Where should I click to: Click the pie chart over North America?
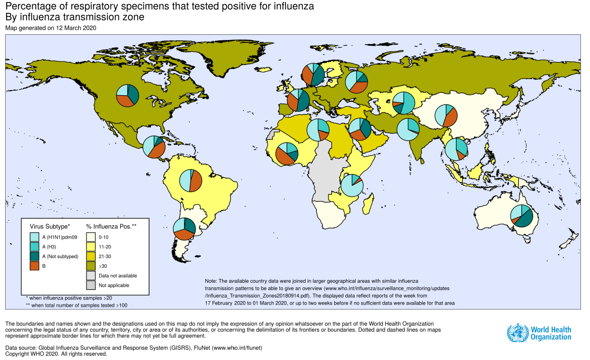point(128,95)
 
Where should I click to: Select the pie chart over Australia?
point(522,215)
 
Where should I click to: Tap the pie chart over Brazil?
point(190,180)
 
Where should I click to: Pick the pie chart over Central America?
point(154,147)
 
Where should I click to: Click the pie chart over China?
point(446,116)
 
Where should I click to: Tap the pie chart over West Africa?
point(287,154)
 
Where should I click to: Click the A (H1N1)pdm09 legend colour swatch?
point(34,237)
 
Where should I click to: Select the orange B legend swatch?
point(34,266)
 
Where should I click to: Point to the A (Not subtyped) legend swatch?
point(34,257)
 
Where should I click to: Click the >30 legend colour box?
point(91,266)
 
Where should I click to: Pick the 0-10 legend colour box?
point(91,237)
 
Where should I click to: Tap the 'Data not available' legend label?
point(118,276)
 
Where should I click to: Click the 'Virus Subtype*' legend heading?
point(50,225)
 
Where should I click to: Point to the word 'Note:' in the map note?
point(211,282)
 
